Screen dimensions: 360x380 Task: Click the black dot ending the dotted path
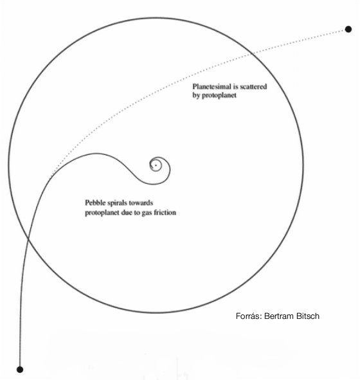(348, 30)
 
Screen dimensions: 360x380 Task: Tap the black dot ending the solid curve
(20, 370)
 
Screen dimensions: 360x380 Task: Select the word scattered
(253, 87)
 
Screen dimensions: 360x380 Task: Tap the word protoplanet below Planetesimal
(219, 96)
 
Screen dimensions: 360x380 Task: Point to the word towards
(143, 203)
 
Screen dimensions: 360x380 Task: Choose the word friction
(165, 212)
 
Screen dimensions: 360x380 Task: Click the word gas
(147, 213)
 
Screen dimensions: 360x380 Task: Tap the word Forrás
(249, 316)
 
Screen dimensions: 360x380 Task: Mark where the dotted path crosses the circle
(252, 54)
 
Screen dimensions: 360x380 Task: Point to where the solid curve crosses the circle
(28, 239)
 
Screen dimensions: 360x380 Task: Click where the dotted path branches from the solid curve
(50, 177)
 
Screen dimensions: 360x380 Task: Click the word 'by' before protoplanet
(196, 96)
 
